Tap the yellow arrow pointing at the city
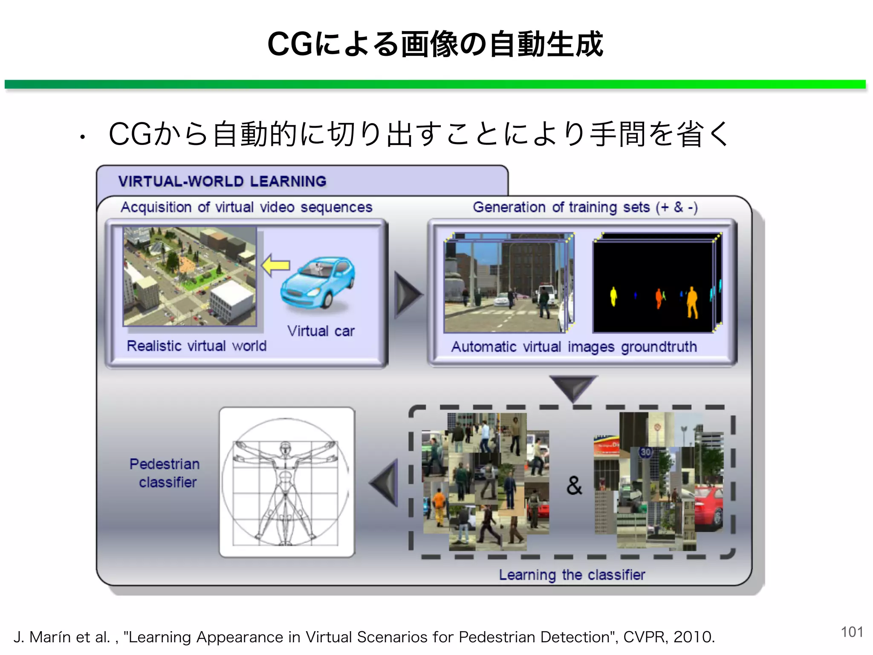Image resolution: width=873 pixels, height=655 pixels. (x=275, y=266)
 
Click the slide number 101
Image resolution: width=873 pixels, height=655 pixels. (x=852, y=632)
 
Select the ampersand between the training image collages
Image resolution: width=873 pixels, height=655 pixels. (x=574, y=485)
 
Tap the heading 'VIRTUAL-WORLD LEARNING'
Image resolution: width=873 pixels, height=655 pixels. (x=222, y=181)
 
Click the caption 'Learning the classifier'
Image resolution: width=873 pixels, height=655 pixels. (x=572, y=575)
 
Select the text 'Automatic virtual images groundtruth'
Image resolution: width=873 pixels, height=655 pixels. (x=574, y=347)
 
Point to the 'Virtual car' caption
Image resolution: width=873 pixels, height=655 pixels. (x=321, y=331)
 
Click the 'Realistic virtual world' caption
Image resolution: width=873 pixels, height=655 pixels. (x=197, y=346)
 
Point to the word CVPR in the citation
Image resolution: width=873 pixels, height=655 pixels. (x=644, y=637)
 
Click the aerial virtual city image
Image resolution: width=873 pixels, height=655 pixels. (x=190, y=276)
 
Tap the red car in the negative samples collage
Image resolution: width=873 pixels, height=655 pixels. (x=708, y=507)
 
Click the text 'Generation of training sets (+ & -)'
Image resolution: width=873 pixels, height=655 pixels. (x=585, y=207)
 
